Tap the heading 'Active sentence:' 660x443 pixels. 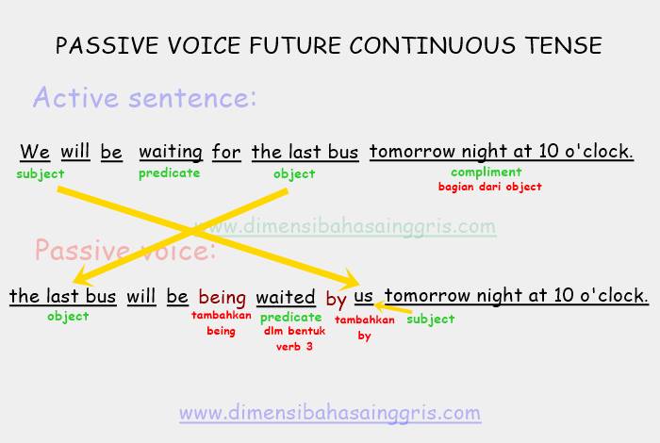pyautogui.click(x=144, y=97)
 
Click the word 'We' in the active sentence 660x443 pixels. pyautogui.click(x=35, y=152)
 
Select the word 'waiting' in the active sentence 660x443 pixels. pyautogui.click(x=171, y=152)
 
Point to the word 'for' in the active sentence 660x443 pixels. pyautogui.click(x=226, y=152)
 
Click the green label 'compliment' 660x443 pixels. pyautogui.click(x=487, y=172)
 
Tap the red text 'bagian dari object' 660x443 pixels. pyautogui.click(x=489, y=187)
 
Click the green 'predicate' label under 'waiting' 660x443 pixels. pyautogui.click(x=170, y=173)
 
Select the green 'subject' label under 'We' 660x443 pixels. pyautogui.click(x=41, y=173)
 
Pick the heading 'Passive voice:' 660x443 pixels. pyautogui.click(x=125, y=251)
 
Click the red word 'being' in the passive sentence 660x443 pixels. pyautogui.click(x=222, y=297)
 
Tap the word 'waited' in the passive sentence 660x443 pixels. pyautogui.click(x=286, y=297)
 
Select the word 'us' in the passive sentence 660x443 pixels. pyautogui.click(x=364, y=297)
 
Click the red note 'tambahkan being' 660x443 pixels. pyautogui.click(x=222, y=323)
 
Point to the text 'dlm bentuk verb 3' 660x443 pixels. pyautogui.click(x=294, y=338)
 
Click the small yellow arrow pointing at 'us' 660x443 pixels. pyautogui.click(x=393, y=308)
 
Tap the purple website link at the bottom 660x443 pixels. pyautogui.click(x=330, y=413)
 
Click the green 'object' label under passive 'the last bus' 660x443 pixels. pyautogui.click(x=68, y=317)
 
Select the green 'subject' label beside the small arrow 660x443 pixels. pyautogui.click(x=431, y=319)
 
